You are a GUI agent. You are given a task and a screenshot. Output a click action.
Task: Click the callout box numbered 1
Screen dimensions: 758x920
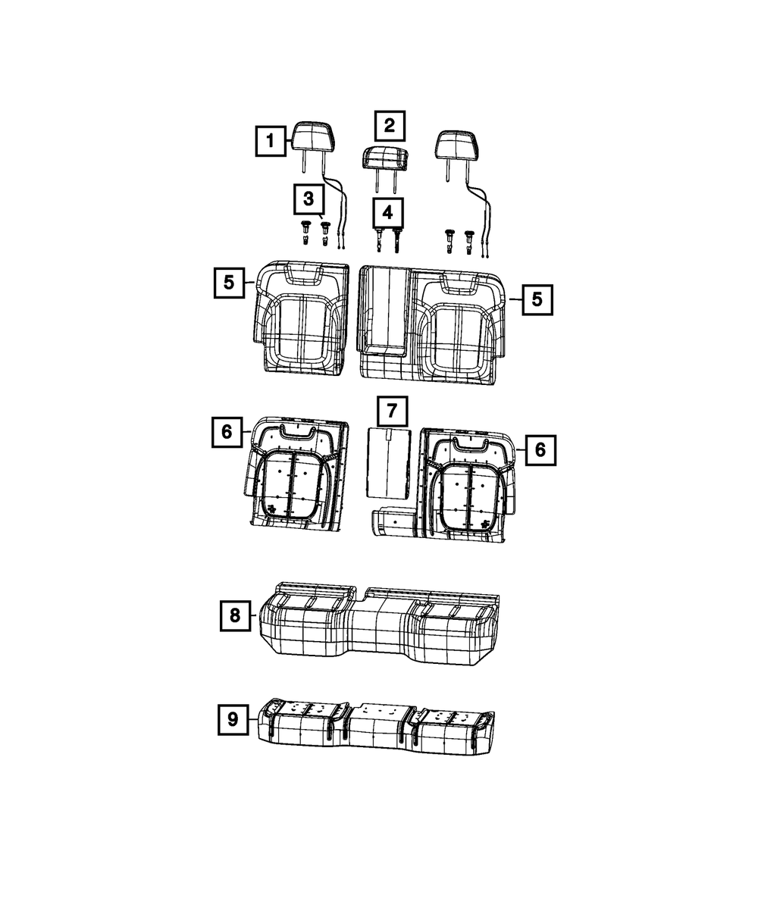pos(271,141)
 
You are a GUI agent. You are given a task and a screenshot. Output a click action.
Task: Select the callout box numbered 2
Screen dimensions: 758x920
pos(390,126)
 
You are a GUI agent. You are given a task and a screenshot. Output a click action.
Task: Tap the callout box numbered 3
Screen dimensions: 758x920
pos(309,199)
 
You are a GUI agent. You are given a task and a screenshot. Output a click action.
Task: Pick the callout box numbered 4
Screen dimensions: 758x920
pos(387,213)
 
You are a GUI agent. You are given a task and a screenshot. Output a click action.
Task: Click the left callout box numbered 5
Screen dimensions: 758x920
pos(229,283)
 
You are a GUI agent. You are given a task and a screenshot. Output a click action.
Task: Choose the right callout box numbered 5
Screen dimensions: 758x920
pos(537,299)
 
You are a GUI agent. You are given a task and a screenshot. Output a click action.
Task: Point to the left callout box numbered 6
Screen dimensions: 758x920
pos(227,432)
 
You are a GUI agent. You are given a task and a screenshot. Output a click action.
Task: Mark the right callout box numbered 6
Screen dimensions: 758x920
pos(540,450)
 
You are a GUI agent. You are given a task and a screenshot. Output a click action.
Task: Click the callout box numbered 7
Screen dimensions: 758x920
pos(392,411)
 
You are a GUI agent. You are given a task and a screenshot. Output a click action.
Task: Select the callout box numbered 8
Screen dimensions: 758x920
pos(235,615)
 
